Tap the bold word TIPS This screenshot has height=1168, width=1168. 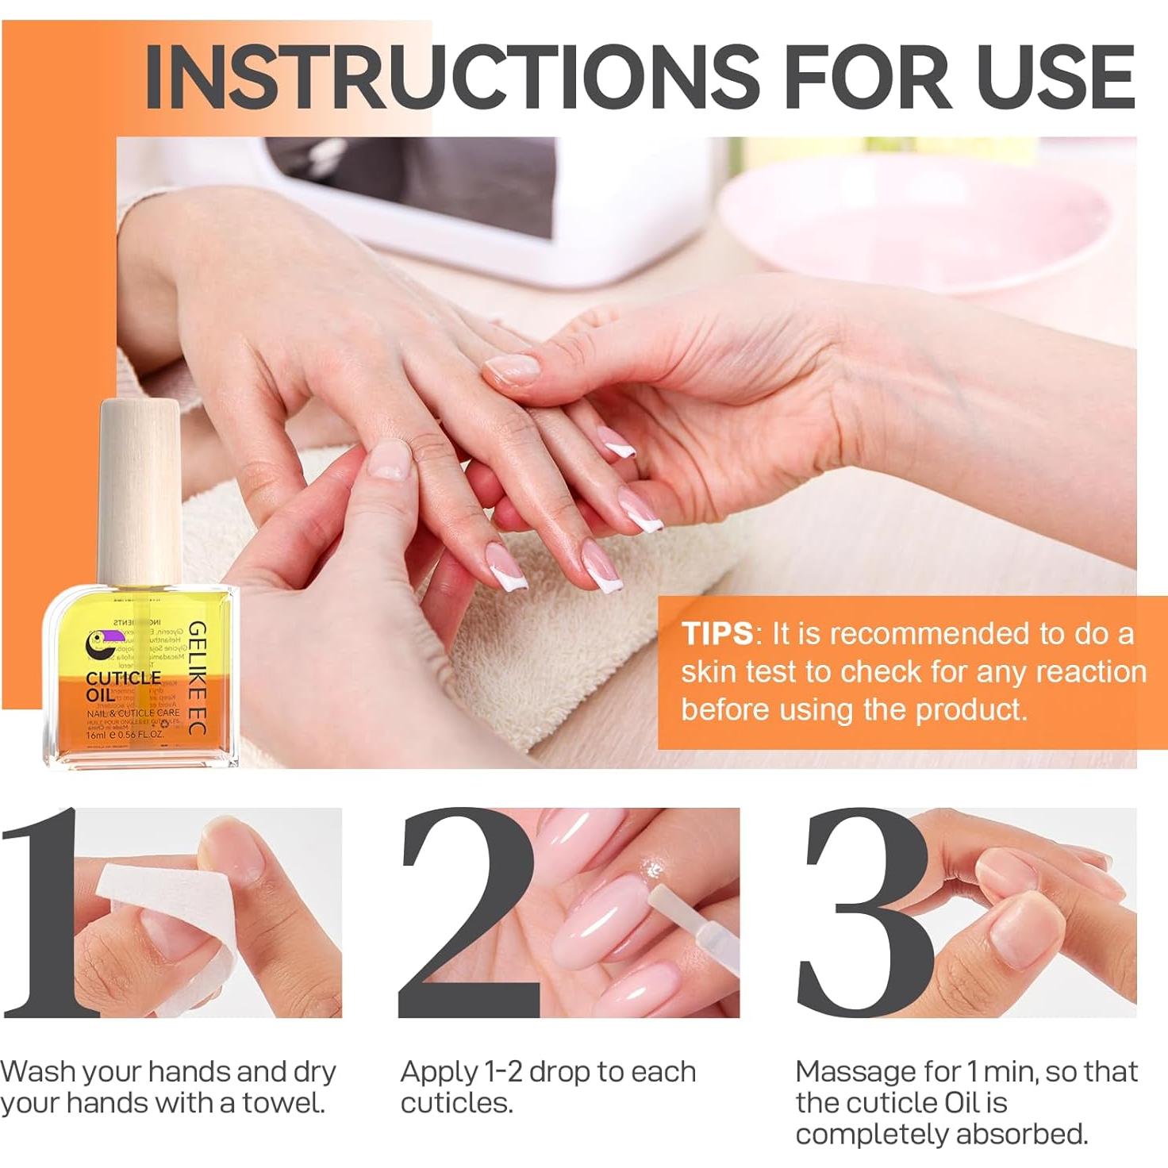(x=717, y=634)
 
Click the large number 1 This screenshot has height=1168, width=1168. (x=48, y=912)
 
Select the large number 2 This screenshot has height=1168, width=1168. (x=468, y=912)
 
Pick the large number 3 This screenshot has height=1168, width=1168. (x=865, y=912)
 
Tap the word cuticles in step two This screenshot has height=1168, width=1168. (x=455, y=1103)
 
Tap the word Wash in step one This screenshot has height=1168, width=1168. (x=38, y=1072)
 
